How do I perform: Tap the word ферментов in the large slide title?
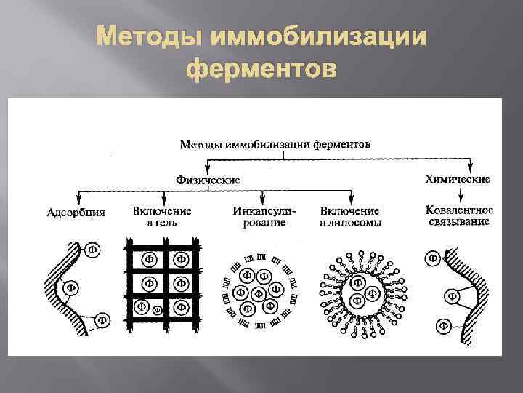pyautogui.click(x=261, y=70)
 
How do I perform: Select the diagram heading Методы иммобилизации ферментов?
pyautogui.click(x=276, y=143)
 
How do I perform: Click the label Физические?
pyautogui.click(x=208, y=179)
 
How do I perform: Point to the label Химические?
pyautogui.click(x=458, y=178)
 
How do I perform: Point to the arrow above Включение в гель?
pyautogui.click(x=163, y=196)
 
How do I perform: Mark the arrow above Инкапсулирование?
pyautogui.click(x=259, y=196)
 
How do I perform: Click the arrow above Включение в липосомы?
pyautogui.click(x=352, y=196)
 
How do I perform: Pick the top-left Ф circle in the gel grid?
pyautogui.click(x=148, y=258)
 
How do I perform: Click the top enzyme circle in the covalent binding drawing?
pyautogui.click(x=434, y=257)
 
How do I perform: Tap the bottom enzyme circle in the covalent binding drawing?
pyautogui.click(x=440, y=325)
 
